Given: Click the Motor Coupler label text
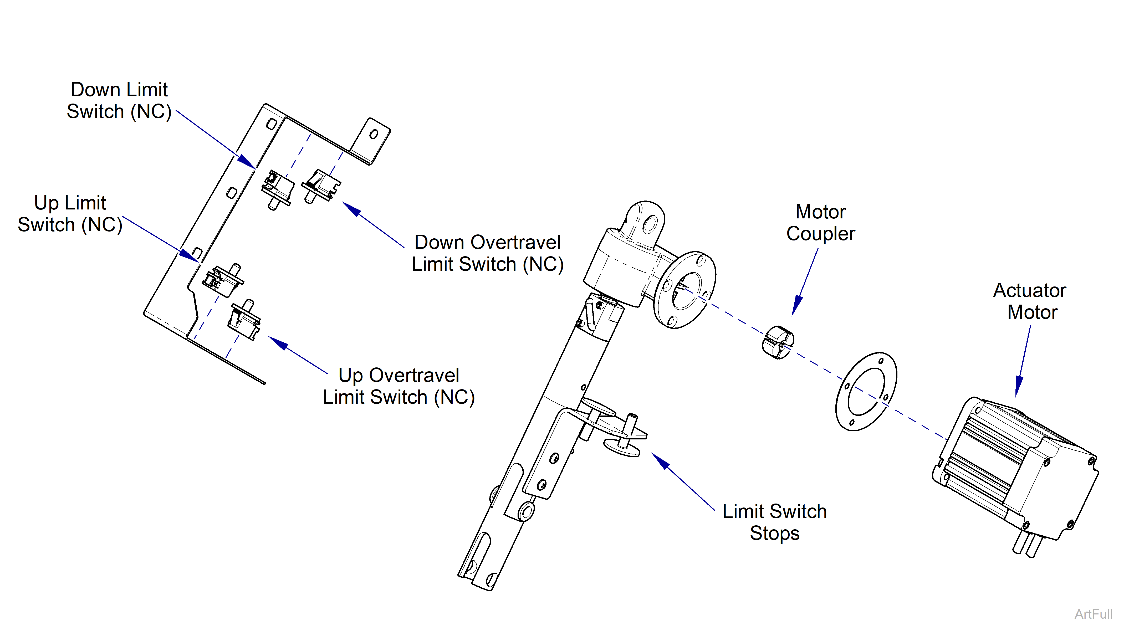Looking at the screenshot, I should (x=820, y=223).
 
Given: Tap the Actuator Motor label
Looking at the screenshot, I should (x=1030, y=301).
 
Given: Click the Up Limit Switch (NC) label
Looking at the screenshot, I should (x=70, y=214).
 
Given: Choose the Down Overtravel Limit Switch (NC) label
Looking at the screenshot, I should (x=487, y=253).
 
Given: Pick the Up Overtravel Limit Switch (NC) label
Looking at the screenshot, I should (x=399, y=386).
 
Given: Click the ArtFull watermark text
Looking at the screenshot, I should (x=1093, y=614).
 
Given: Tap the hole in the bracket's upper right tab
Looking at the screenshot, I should (x=374, y=134).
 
